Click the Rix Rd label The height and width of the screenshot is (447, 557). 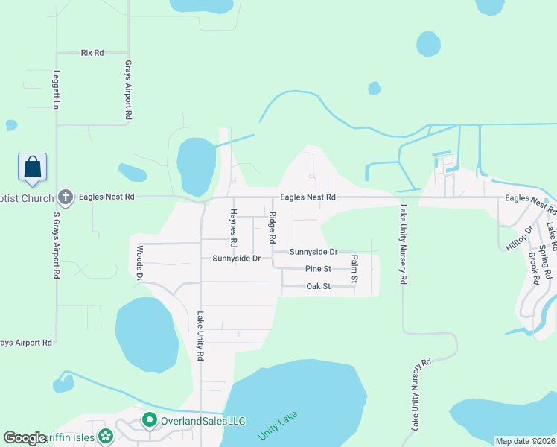point(92,53)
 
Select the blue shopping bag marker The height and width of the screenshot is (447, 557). point(33,166)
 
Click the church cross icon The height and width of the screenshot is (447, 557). point(65,197)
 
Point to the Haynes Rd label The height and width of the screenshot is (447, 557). point(233,228)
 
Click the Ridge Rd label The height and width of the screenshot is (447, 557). point(273,230)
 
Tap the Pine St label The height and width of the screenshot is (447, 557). point(317,269)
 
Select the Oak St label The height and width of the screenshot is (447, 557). point(318,287)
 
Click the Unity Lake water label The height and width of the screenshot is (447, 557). point(273,426)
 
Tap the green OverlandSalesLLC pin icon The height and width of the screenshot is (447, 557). point(149,421)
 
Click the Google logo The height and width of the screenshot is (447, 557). point(25,438)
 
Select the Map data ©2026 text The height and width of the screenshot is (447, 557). point(526,441)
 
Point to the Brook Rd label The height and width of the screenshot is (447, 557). point(533,268)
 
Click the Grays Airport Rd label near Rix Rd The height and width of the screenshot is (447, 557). point(128,90)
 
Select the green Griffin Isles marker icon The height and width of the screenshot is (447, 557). point(106,437)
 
